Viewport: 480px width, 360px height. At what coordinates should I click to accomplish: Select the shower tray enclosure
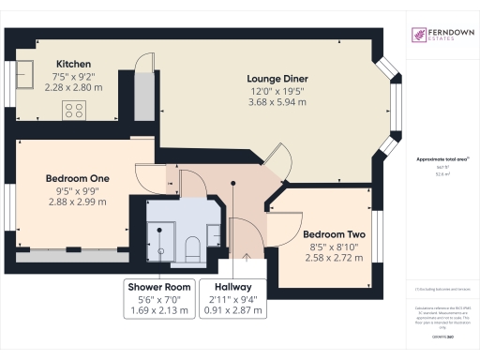[160, 238]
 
